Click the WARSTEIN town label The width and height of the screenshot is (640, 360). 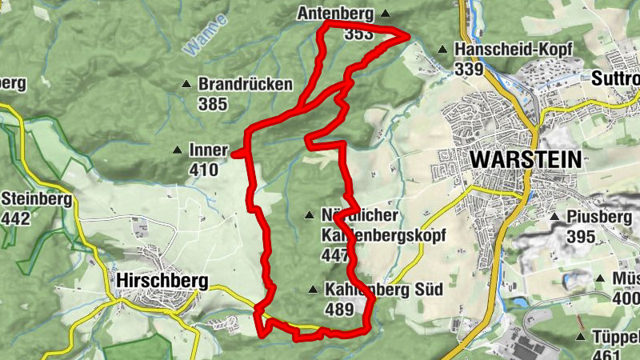point(526,158)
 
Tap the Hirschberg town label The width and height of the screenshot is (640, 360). point(162,281)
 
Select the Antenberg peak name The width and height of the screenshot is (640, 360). point(336,14)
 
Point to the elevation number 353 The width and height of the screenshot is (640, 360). point(358,34)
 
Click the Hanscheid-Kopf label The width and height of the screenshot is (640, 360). point(513,50)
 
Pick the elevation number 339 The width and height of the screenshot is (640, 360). point(469,70)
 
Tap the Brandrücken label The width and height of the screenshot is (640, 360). point(246,84)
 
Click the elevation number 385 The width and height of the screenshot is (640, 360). point(214,104)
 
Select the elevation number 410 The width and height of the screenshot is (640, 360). point(204,170)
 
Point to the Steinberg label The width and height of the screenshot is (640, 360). point(37,198)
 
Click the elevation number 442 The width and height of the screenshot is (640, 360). point(16,218)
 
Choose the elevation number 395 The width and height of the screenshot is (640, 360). point(581,237)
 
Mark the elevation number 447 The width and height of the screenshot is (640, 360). point(334,256)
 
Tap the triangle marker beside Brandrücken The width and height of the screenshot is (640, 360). point(187,84)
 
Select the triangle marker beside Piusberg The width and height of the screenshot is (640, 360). point(554,217)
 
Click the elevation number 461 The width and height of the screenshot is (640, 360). point(607,354)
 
